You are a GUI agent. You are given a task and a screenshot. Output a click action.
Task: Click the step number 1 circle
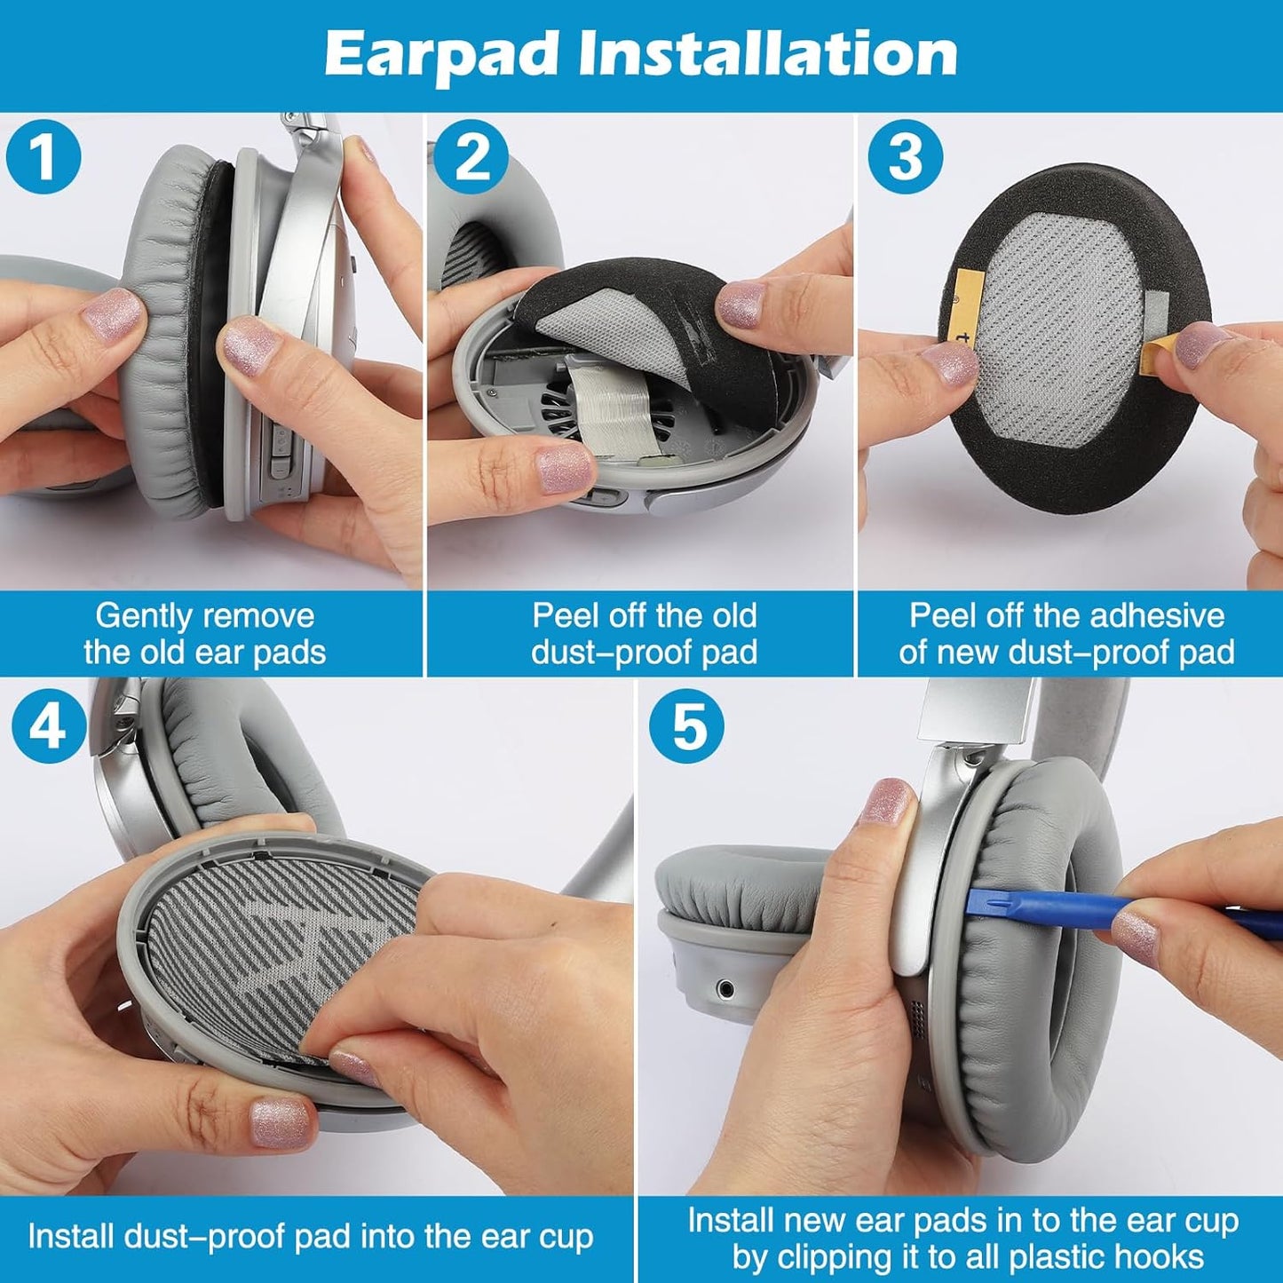[x=43, y=156]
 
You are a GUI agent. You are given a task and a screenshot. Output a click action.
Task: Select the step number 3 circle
[x=904, y=156]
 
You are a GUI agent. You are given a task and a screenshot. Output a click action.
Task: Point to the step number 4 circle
[x=48, y=727]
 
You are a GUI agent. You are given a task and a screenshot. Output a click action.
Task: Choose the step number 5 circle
[x=685, y=727]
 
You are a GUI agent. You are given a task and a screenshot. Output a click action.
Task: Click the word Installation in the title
[x=768, y=55]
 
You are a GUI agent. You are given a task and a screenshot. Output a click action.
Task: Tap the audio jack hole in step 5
[x=727, y=987]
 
